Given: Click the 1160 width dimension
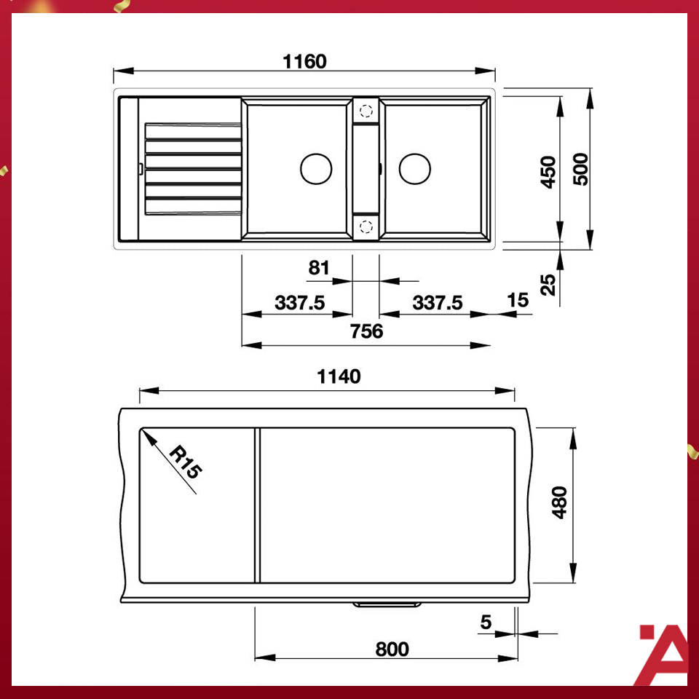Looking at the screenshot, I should tap(304, 61).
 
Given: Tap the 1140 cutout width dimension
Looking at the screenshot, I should tap(339, 376).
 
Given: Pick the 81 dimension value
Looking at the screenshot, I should tap(319, 267).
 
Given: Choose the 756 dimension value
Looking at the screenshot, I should tap(366, 331).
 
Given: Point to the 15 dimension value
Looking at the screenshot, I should tap(518, 301).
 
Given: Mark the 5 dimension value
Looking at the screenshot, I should tap(486, 622).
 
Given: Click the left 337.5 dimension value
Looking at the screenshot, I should tap(299, 302).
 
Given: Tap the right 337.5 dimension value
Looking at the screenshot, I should tap(438, 302).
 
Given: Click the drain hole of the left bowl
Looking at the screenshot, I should tap(316, 169).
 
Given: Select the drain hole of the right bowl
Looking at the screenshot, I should tap(414, 169).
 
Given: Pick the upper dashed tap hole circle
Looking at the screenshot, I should tap(366, 112).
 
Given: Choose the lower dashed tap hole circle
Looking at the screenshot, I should tap(366, 226).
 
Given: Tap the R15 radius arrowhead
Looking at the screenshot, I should tap(146, 435).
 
